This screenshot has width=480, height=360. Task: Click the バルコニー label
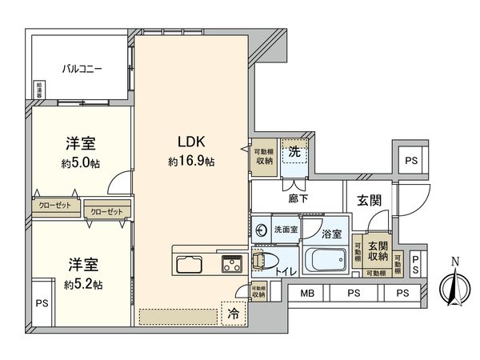click(x=82, y=70)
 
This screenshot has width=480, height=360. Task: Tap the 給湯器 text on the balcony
click(x=39, y=89)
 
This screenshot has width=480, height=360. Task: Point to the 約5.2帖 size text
click(x=82, y=283)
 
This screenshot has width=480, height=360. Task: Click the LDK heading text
click(x=190, y=142)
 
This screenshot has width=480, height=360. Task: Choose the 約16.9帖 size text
click(x=190, y=162)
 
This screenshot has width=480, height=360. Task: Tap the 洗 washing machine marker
click(x=294, y=150)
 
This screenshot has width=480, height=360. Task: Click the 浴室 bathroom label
click(x=331, y=235)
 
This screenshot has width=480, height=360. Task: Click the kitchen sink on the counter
click(x=190, y=265)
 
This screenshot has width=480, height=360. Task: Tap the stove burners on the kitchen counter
click(x=231, y=263)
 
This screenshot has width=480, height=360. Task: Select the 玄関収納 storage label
click(x=378, y=252)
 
